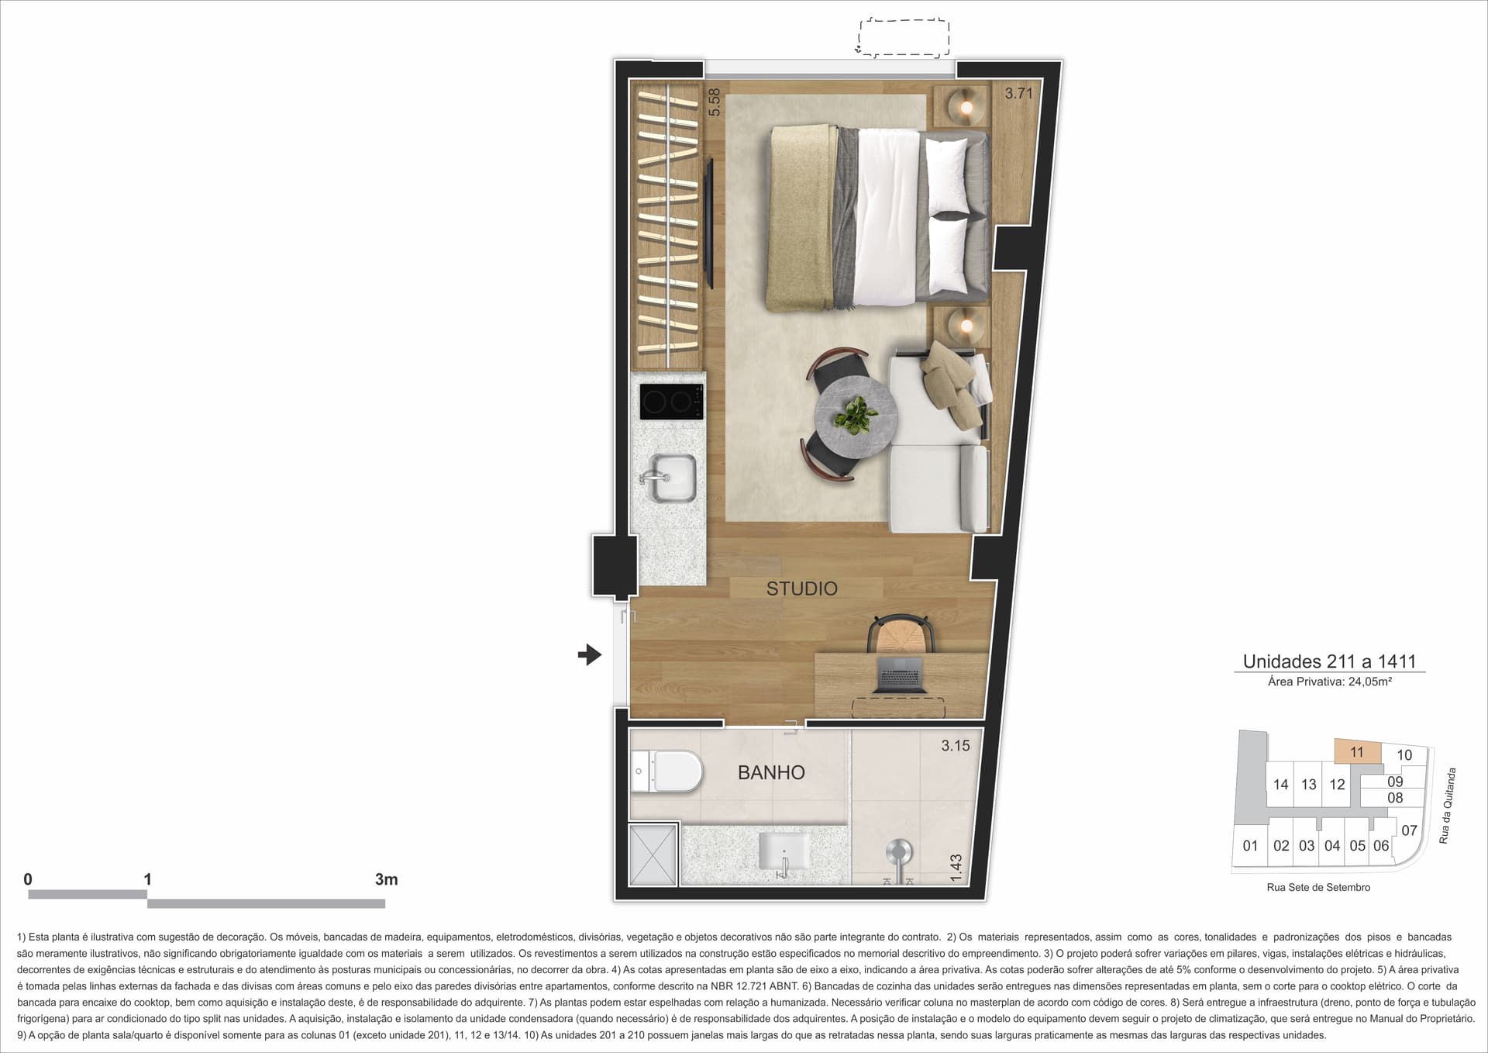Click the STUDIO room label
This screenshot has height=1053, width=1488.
click(801, 589)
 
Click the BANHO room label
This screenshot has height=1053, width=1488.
click(771, 772)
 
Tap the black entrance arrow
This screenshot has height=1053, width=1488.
click(590, 655)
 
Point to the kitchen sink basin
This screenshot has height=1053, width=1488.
click(666, 477)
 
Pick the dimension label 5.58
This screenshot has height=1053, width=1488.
click(715, 102)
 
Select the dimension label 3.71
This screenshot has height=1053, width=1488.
click(1019, 94)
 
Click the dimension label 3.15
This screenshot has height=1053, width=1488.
click(956, 746)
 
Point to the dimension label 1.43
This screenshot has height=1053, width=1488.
click(956, 867)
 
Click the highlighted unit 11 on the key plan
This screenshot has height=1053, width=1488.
click(1357, 752)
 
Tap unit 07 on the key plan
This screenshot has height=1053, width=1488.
click(1409, 830)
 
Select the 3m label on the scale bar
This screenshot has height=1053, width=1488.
click(386, 879)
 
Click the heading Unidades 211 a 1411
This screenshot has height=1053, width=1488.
click(1329, 661)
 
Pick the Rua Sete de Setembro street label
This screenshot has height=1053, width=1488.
click(1318, 887)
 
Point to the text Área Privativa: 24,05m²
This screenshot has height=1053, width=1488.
click(1330, 682)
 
